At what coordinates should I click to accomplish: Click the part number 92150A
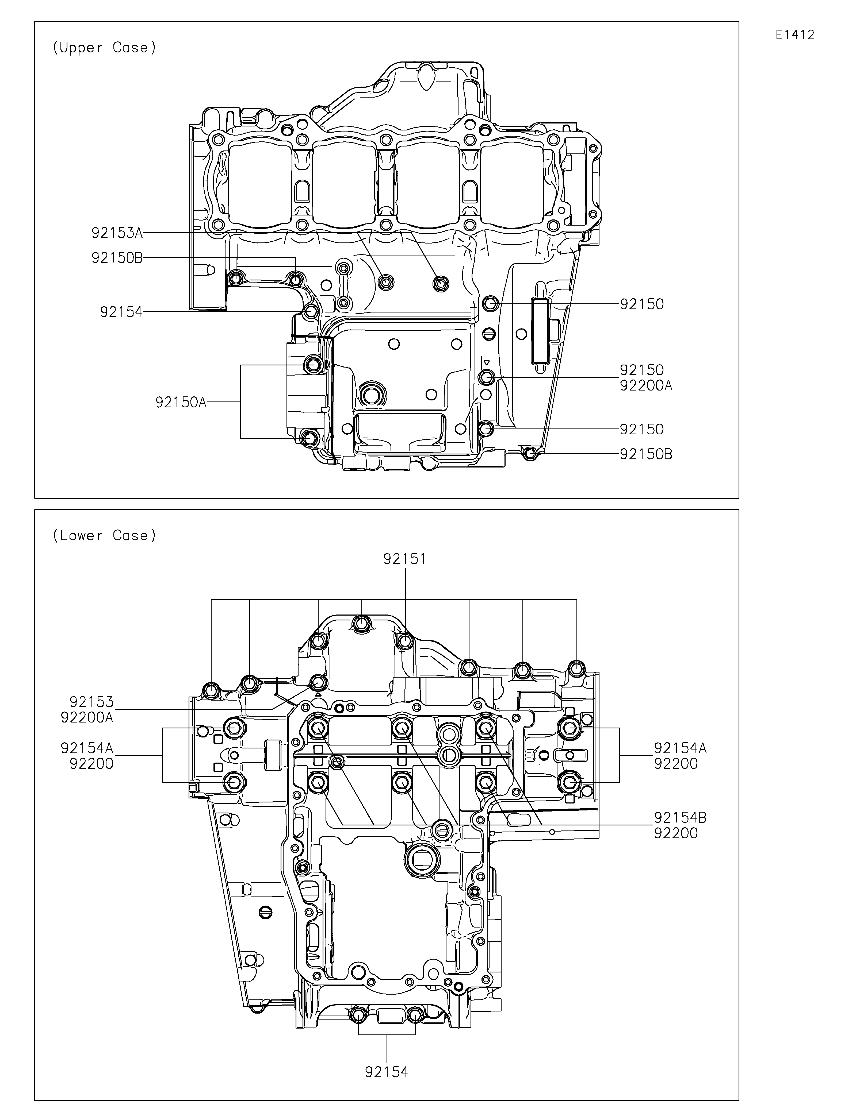coord(181,403)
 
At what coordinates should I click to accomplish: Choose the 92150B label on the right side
coord(646,454)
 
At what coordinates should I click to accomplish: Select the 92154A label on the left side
coord(87,748)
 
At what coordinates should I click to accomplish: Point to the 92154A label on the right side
coord(680,748)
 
